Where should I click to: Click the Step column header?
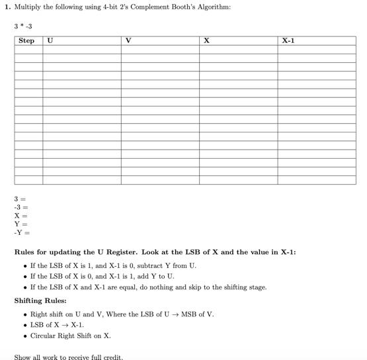(x=26, y=41)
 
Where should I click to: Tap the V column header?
(x=128, y=41)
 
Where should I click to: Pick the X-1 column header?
(x=288, y=41)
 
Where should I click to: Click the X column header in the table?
(x=206, y=41)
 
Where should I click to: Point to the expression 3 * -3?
(x=23, y=26)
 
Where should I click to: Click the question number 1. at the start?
(x=8, y=7)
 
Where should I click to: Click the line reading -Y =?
(x=22, y=232)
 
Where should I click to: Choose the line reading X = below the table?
(x=20, y=216)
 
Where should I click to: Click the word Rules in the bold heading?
(x=26, y=252)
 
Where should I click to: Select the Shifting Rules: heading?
(x=40, y=301)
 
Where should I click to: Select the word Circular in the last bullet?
(x=44, y=336)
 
